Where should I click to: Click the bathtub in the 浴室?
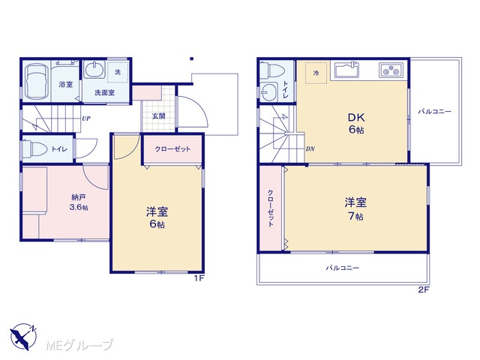(x=37, y=82)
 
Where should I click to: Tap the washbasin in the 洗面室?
(x=94, y=70)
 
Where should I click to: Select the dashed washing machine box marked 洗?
(x=118, y=72)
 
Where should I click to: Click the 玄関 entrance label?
(x=159, y=116)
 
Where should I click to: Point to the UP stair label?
(x=86, y=118)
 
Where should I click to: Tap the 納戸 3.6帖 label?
(x=79, y=202)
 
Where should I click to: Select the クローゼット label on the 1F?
(x=172, y=149)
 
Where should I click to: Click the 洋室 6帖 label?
(x=157, y=217)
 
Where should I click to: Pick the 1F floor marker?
(x=199, y=278)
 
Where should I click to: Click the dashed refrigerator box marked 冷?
(x=316, y=73)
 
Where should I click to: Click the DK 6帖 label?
(x=356, y=123)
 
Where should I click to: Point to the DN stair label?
(x=310, y=149)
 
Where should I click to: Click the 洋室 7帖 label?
(x=355, y=209)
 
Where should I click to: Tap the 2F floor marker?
(x=424, y=290)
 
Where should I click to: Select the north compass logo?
(x=23, y=337)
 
